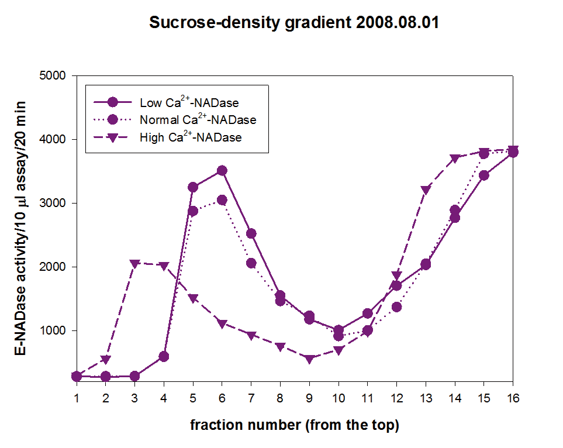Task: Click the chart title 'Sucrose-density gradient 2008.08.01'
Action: point(294,23)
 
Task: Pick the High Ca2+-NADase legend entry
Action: point(191,137)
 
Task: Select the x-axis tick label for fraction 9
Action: point(309,398)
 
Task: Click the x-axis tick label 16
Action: point(513,398)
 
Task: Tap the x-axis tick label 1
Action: point(77,398)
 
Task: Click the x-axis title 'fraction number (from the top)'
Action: point(294,425)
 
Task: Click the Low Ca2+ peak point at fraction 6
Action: point(222,171)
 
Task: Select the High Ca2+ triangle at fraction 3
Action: point(135,264)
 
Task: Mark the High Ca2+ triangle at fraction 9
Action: point(309,359)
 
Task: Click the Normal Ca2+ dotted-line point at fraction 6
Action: point(222,200)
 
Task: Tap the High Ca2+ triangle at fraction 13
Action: point(426,190)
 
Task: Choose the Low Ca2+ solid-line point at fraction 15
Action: point(483,175)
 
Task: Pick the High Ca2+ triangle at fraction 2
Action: point(106,359)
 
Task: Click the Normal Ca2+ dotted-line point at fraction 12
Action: point(396,306)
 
